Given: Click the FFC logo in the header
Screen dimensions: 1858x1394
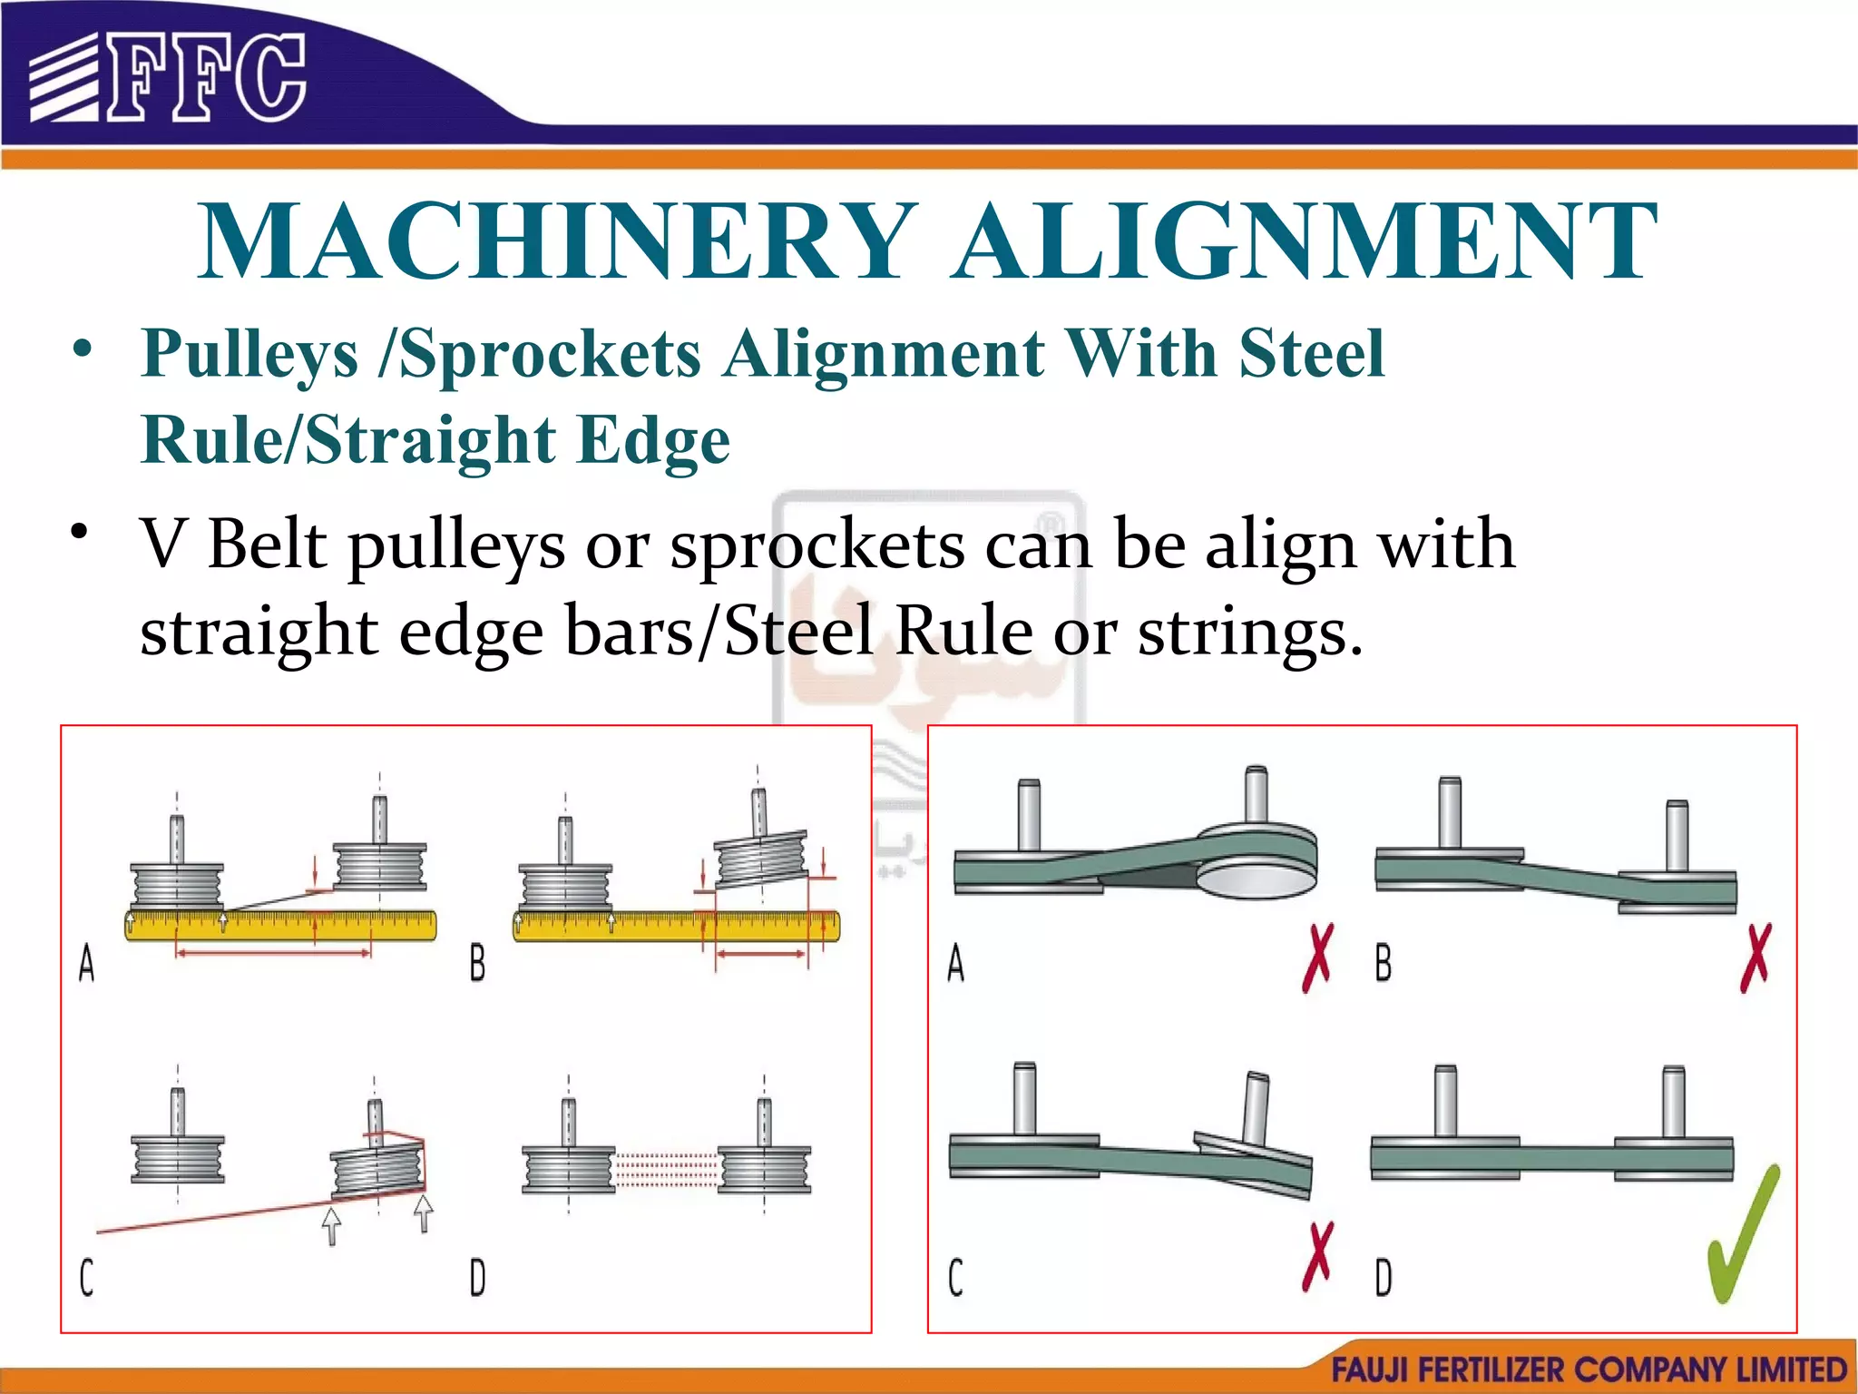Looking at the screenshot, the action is point(168,77).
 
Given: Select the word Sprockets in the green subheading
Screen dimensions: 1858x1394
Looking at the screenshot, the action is point(550,353).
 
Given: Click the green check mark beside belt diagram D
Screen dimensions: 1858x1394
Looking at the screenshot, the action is point(1742,1234).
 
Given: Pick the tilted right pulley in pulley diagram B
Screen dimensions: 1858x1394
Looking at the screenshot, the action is point(760,858).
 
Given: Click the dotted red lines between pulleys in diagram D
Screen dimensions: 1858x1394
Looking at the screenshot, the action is point(667,1169).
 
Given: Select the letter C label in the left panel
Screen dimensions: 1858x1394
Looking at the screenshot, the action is point(86,1278).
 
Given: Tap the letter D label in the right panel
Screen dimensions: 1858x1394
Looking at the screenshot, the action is point(1383,1278).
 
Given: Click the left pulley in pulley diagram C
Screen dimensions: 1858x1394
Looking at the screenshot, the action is point(178,1159).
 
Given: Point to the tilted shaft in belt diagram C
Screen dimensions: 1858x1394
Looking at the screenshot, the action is point(1257,1107).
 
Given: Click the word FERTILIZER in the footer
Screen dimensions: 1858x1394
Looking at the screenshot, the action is point(1490,1369).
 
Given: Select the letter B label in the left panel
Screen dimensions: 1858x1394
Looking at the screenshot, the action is point(477,963).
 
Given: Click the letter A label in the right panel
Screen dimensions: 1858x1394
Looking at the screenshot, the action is point(955,963).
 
